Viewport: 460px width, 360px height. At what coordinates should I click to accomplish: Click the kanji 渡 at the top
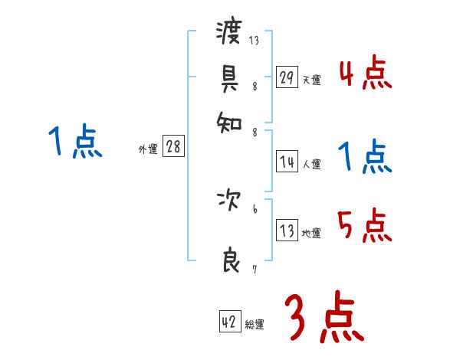click(x=230, y=33)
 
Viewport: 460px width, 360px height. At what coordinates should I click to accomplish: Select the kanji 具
click(x=230, y=77)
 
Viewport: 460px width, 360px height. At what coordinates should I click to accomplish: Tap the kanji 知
click(x=230, y=120)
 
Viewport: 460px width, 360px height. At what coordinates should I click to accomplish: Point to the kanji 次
click(x=230, y=202)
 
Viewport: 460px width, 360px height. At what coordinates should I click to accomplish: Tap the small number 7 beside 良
click(x=255, y=268)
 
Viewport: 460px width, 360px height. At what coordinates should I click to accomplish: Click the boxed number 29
click(x=287, y=77)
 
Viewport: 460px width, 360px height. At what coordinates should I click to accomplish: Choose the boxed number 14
click(x=287, y=162)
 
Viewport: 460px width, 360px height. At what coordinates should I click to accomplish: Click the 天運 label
click(x=311, y=80)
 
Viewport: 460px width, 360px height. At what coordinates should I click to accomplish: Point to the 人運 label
click(x=311, y=164)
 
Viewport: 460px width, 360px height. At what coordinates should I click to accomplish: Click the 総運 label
click(x=255, y=325)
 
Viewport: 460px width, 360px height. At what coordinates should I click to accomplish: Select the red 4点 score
click(x=365, y=74)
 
